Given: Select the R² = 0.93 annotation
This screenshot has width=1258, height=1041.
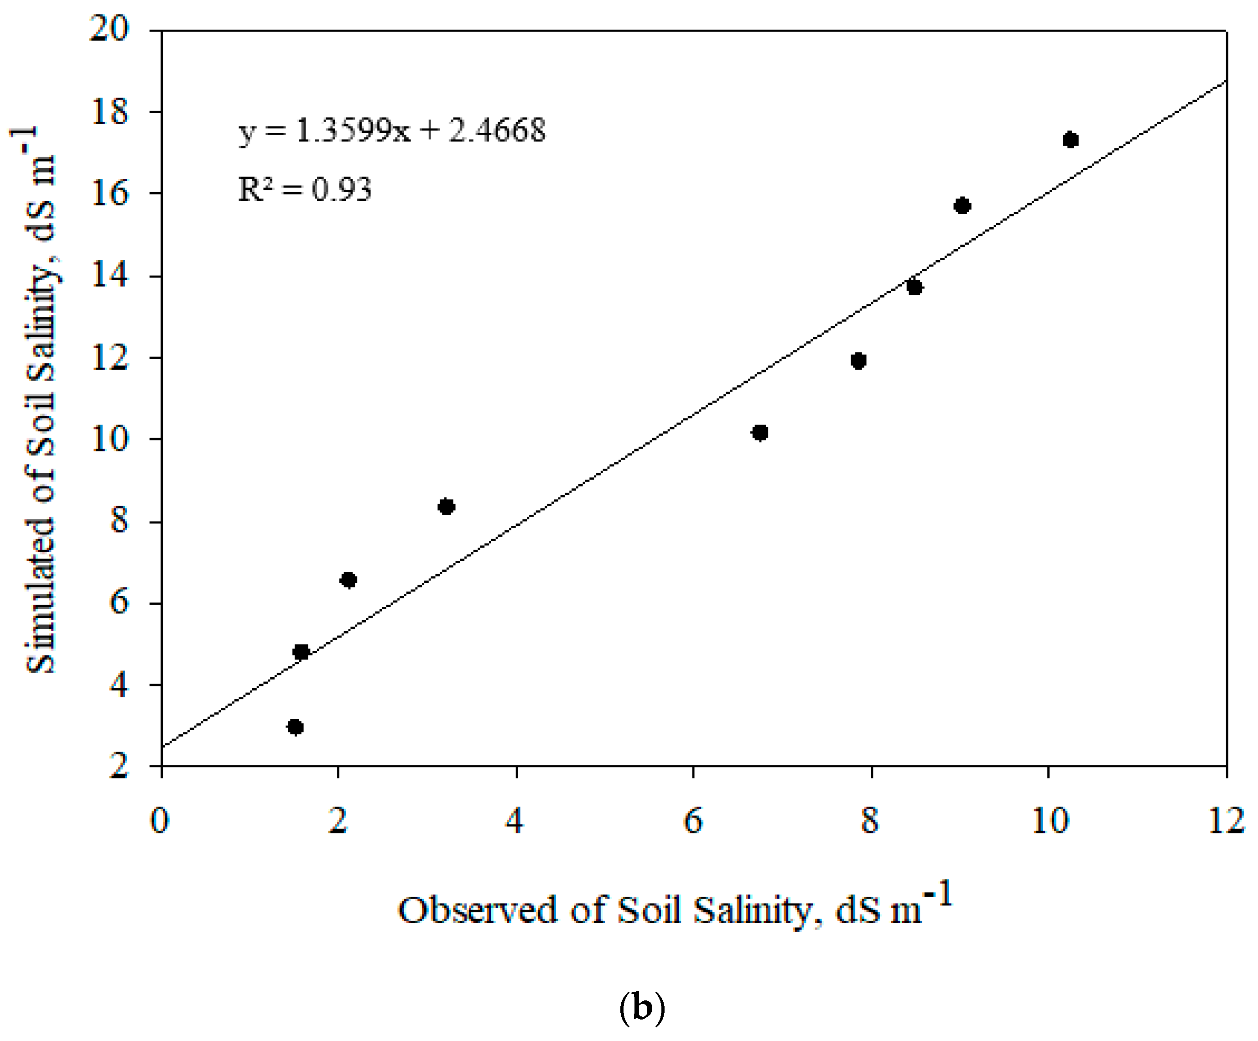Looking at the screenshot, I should click(x=304, y=189).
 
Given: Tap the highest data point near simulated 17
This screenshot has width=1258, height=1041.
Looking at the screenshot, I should click(x=1071, y=140).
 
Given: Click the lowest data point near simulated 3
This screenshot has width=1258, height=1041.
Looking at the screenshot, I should click(x=295, y=727).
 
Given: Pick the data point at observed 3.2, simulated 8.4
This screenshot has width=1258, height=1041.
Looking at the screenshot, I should click(x=446, y=507).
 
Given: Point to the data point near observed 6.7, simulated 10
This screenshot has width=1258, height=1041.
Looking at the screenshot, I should click(x=760, y=433).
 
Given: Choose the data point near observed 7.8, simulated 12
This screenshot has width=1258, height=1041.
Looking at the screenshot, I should click(x=858, y=361).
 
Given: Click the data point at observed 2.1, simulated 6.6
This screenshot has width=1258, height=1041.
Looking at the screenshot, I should click(x=348, y=580).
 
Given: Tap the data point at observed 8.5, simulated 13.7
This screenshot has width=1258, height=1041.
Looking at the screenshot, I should click(x=915, y=287).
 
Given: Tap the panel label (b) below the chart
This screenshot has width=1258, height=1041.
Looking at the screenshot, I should click(x=642, y=1009).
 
